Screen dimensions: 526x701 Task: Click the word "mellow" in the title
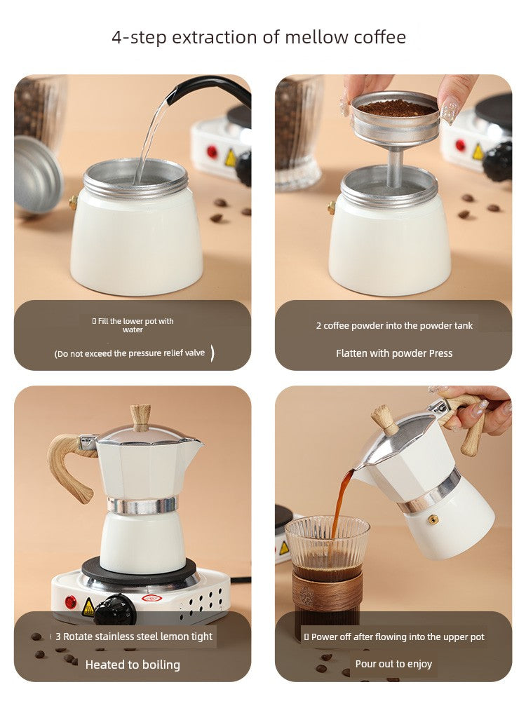pyautogui.click(x=317, y=37)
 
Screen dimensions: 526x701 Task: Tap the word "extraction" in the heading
pyautogui.click(x=215, y=37)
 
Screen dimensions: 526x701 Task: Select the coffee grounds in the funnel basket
pyautogui.click(x=396, y=108)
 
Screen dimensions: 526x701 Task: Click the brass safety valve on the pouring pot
pyautogui.click(x=433, y=519)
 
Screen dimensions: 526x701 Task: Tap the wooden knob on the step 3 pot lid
pyautogui.click(x=140, y=417)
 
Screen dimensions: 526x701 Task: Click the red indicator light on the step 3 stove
pyautogui.click(x=71, y=601)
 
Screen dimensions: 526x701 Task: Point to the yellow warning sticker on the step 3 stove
pyautogui.click(x=88, y=607)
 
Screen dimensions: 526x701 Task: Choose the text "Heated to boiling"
pyautogui.click(x=133, y=665)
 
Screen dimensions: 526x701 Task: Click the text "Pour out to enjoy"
pyautogui.click(x=393, y=664)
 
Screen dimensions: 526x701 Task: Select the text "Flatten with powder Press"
pyautogui.click(x=394, y=353)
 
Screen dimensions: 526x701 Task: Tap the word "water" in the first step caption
pyautogui.click(x=133, y=329)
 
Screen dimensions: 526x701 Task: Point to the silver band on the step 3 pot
pyautogui.click(x=142, y=505)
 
